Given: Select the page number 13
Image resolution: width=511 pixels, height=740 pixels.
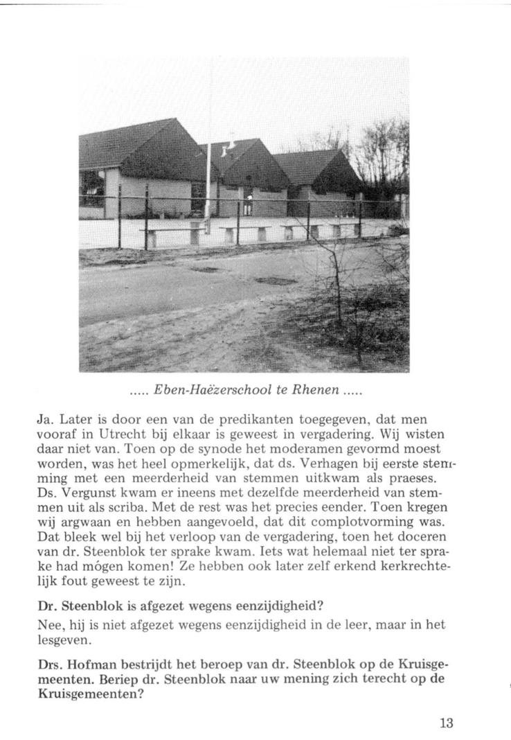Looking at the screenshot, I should pyautogui.click(x=446, y=723).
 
